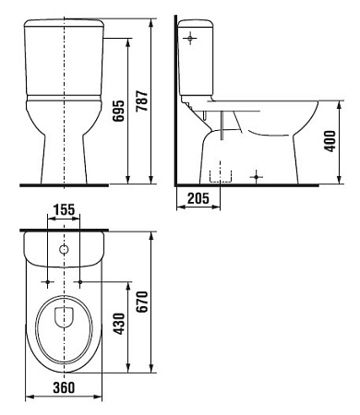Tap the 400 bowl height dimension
(x=330, y=141)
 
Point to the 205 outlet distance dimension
(x=196, y=197)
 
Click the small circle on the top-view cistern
(x=64, y=250)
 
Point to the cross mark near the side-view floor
(x=257, y=175)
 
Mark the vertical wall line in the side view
(x=175, y=101)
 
